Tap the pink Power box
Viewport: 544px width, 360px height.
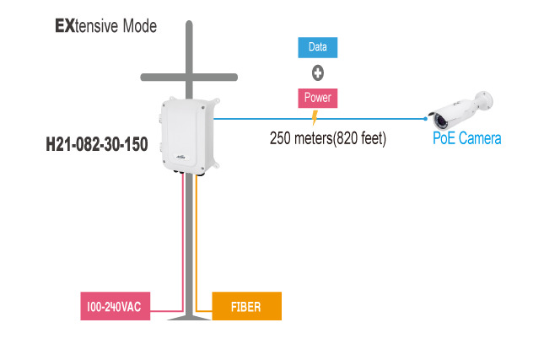pyautogui.click(x=318, y=98)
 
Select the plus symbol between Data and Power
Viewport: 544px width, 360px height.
pyautogui.click(x=319, y=73)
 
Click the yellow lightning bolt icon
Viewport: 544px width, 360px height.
pyautogui.click(x=315, y=118)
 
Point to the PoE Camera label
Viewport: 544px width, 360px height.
pyautogui.click(x=466, y=138)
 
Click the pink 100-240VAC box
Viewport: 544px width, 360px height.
pyautogui.click(x=116, y=307)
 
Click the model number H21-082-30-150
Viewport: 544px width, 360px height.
pyautogui.click(x=97, y=145)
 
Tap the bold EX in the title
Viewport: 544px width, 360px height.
pyautogui.click(x=65, y=26)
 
